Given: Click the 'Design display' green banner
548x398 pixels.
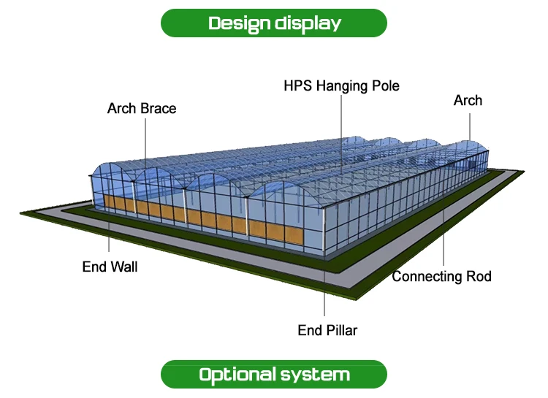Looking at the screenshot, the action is point(274,23).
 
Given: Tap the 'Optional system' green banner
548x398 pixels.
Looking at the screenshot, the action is point(274,375).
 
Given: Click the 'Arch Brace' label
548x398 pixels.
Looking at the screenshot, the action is point(142,109).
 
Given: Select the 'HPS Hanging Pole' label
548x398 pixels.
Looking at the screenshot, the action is point(341,86).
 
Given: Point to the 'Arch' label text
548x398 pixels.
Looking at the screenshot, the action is point(468,101).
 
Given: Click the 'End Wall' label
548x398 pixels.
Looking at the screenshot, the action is point(110,267).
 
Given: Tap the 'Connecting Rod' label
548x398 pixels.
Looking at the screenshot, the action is point(441,277).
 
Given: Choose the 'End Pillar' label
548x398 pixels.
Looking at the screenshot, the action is point(327,331).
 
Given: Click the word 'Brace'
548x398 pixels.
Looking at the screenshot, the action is point(159,109).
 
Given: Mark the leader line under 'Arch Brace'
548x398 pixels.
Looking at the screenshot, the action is point(144,139).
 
